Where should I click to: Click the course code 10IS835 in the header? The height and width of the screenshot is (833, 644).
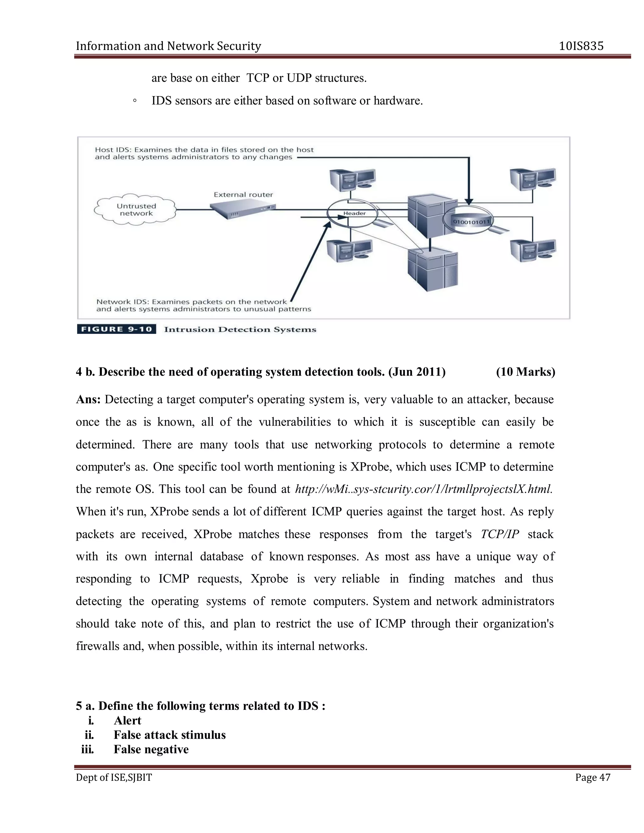tap(581, 46)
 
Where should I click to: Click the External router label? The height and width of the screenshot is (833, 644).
tap(243, 195)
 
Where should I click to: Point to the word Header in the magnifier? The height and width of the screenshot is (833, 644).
tap(354, 213)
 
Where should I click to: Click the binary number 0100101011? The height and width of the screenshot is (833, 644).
tap(471, 222)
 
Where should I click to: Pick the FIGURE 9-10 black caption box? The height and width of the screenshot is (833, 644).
tap(116, 329)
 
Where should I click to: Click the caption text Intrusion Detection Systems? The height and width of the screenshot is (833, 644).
tap(240, 329)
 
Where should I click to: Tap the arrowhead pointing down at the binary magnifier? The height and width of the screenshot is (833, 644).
tap(469, 202)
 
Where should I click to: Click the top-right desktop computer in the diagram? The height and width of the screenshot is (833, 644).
tap(533, 179)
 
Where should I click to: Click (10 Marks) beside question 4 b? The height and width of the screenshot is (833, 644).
tap(525, 372)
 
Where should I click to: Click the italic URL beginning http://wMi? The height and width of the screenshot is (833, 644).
tap(424, 489)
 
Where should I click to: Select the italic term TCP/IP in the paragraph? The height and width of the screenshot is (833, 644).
tap(499, 534)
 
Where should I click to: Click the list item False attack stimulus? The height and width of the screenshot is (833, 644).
tap(169, 735)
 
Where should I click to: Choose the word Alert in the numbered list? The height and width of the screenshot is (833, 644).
tap(127, 720)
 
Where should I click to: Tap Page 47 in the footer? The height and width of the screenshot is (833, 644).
tap(592, 777)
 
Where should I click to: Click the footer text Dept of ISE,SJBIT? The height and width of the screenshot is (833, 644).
tap(114, 777)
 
